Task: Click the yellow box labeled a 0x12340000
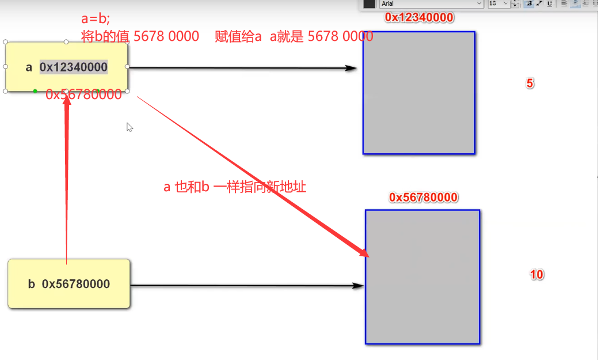click(x=66, y=67)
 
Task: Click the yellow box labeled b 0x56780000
click(x=68, y=284)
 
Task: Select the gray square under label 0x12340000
click(x=418, y=93)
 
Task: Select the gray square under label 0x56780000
click(x=422, y=276)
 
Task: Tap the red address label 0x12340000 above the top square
click(x=419, y=18)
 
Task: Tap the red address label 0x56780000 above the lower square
click(x=423, y=198)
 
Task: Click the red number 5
click(x=530, y=84)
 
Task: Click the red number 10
click(x=536, y=275)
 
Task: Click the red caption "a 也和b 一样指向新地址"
click(x=235, y=187)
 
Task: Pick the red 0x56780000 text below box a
click(x=84, y=94)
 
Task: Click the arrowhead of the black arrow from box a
click(x=352, y=68)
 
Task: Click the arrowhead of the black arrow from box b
click(x=359, y=285)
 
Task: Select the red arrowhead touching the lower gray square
click(x=363, y=252)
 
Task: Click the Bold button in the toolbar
click(x=529, y=3)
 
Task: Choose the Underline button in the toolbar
click(x=550, y=3)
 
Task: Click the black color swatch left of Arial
click(x=369, y=3)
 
